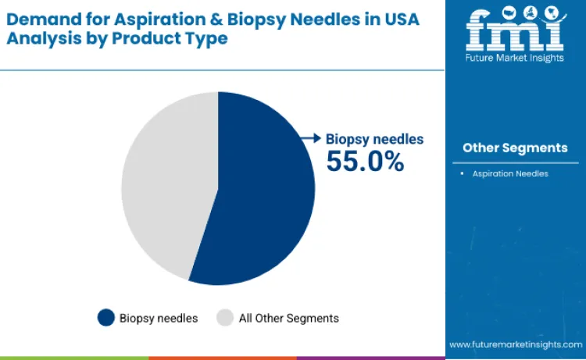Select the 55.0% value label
point(365,161)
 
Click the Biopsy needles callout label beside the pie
point(374,139)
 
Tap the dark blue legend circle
point(105,318)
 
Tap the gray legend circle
point(225,318)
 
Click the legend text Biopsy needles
point(159,318)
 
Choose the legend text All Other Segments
point(289,318)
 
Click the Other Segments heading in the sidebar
point(515,148)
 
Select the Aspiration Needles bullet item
point(509,173)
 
